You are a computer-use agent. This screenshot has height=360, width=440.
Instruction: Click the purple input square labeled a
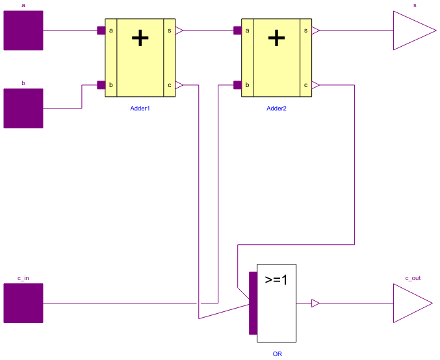click(x=23, y=31)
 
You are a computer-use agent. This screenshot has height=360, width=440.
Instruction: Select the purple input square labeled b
click(x=23, y=108)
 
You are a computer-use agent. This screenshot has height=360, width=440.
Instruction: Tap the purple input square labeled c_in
click(x=23, y=303)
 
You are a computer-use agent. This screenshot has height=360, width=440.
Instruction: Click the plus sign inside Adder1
click(x=140, y=38)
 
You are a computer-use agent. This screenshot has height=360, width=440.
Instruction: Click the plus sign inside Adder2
click(x=276, y=38)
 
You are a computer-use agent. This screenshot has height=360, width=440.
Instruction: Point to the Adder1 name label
click(x=140, y=108)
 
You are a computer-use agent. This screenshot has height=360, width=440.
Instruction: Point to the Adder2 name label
click(x=276, y=108)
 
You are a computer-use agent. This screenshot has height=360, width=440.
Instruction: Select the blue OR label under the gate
click(x=277, y=354)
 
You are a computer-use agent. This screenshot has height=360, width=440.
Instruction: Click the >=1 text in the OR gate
click(x=276, y=281)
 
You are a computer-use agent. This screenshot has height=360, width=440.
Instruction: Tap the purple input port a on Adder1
click(x=101, y=31)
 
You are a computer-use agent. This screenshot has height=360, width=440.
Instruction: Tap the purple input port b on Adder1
click(x=101, y=84)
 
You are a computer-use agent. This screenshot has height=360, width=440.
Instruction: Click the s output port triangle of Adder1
click(x=179, y=31)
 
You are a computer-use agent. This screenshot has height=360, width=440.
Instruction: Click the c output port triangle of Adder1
click(x=179, y=84)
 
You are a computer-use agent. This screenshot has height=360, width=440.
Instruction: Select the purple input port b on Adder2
click(x=238, y=84)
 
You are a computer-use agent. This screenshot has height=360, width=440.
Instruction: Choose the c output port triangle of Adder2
click(x=316, y=84)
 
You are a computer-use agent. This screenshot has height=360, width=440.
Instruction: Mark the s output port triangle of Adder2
click(x=316, y=31)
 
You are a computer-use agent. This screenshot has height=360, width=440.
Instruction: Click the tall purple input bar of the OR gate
click(x=253, y=303)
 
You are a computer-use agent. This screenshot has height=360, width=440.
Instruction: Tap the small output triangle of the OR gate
click(x=315, y=303)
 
